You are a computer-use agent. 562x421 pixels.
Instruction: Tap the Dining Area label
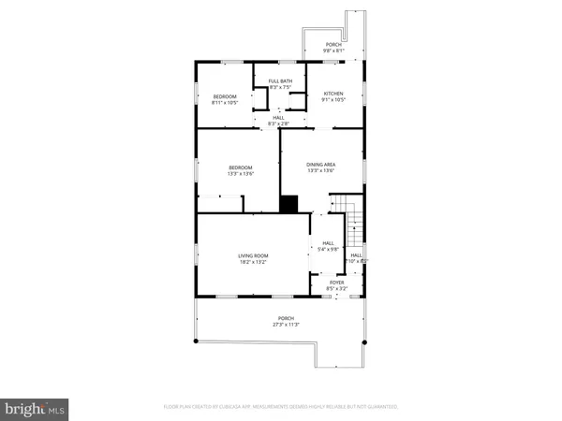(321, 165)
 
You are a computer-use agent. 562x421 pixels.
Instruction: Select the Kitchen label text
(334, 94)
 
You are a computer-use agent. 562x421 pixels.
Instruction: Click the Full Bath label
(279, 82)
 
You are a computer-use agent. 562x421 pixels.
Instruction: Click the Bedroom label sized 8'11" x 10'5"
(224, 96)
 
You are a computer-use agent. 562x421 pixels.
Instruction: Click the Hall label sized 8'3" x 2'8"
(279, 118)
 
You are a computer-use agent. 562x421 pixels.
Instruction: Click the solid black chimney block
(289, 204)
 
